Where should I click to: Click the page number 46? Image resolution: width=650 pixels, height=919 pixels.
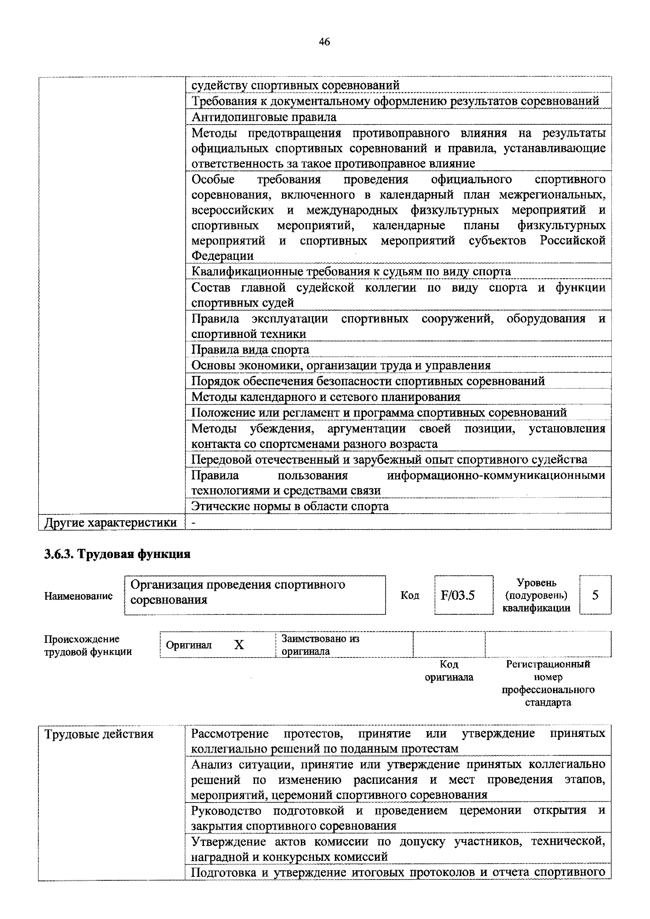pos(324,42)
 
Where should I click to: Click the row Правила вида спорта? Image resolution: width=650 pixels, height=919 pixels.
pos(250,350)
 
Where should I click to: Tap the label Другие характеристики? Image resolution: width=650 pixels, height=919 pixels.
pos(111,523)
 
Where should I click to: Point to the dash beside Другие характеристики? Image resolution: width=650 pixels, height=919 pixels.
pos(194,523)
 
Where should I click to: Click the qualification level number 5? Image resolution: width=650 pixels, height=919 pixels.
pos(595,595)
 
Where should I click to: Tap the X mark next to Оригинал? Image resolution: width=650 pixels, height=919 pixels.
pos(239,645)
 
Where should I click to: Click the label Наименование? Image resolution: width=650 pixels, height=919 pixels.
pos(78,596)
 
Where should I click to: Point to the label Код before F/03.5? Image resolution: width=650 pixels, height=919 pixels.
pos(410,595)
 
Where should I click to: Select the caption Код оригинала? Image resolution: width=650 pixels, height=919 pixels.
pos(449,671)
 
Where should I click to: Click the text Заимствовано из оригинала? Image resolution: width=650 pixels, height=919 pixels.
pos(320,645)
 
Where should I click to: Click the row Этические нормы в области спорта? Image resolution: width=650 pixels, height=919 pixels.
pos(290,506)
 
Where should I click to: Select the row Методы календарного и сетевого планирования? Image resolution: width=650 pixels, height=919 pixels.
pos(326,397)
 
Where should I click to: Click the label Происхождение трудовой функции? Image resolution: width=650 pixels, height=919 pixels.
pos(88,645)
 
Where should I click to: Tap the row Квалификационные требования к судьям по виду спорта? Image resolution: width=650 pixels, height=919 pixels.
pos(351,272)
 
